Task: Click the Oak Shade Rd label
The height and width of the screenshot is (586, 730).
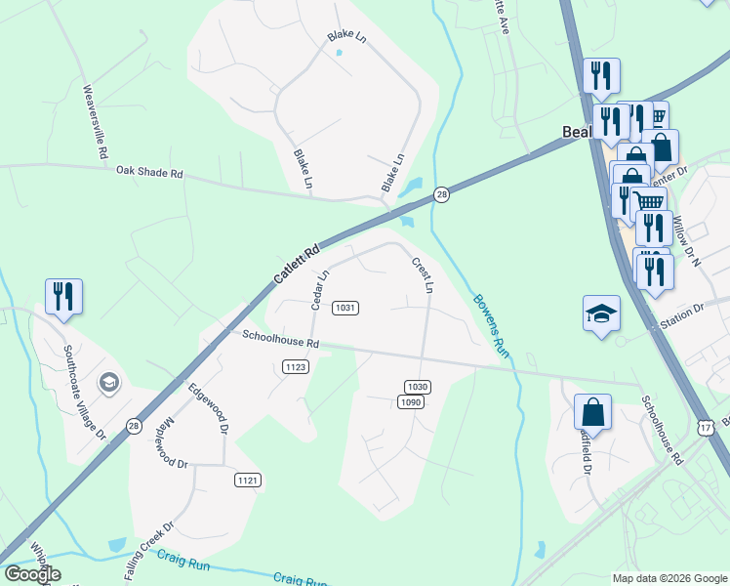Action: (x=149, y=172)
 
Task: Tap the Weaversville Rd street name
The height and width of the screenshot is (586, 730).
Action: (x=94, y=122)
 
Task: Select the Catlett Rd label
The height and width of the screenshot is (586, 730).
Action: (x=296, y=265)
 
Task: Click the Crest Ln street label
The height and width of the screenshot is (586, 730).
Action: (x=422, y=274)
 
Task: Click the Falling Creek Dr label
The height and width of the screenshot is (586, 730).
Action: (x=148, y=552)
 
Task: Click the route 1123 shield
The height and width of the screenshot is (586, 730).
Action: (x=296, y=366)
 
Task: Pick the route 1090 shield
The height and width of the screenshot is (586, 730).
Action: (x=411, y=402)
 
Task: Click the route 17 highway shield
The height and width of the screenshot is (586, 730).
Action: (x=706, y=426)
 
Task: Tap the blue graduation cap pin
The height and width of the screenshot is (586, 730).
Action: (x=601, y=313)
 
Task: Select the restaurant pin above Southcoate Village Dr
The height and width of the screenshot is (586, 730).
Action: (x=63, y=295)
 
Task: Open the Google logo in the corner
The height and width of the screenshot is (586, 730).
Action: (x=32, y=574)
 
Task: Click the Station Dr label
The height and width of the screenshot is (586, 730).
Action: (x=682, y=314)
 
